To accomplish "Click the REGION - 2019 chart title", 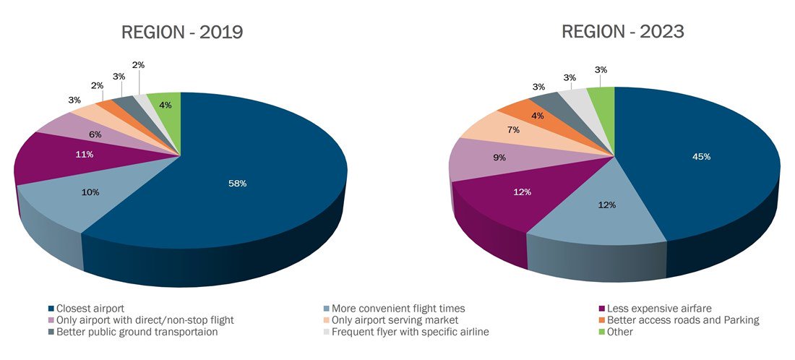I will (182, 33).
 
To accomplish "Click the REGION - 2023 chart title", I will (623, 33).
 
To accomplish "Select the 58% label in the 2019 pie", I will (238, 184).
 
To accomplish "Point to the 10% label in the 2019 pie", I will (90, 192).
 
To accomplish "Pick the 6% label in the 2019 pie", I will (95, 134).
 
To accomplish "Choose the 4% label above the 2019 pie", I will (166, 106).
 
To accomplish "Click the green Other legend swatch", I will (601, 332).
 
